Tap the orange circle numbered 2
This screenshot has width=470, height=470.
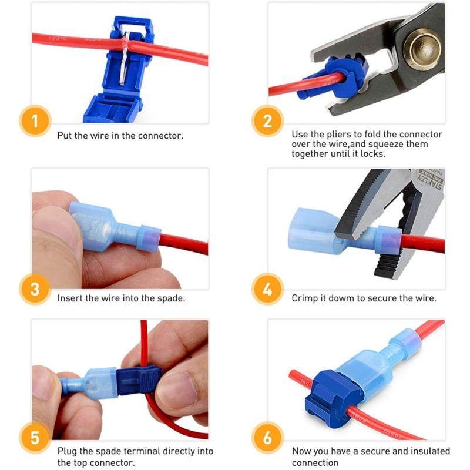[x=268, y=122]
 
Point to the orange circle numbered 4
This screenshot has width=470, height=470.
[x=268, y=289]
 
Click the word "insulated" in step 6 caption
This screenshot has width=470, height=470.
[x=431, y=451]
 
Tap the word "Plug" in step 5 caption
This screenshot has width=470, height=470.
[x=67, y=451]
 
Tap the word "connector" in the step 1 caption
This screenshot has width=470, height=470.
[x=160, y=135]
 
